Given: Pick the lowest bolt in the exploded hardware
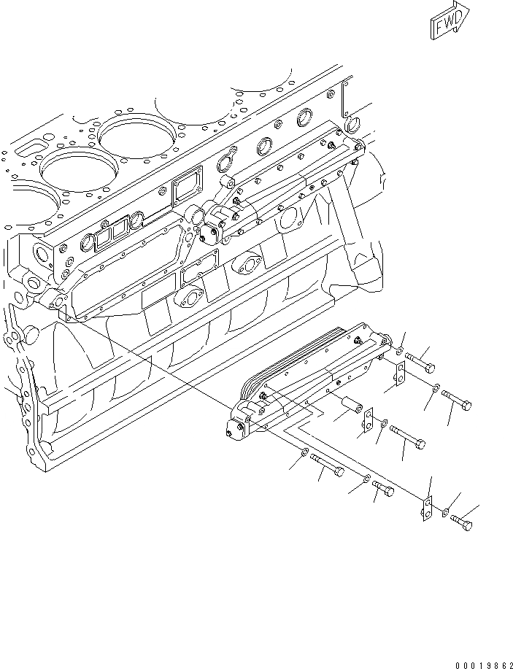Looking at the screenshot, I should [x=460, y=522].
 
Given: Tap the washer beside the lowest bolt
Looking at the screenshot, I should [x=444, y=514].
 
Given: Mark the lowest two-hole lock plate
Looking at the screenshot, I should [x=427, y=508].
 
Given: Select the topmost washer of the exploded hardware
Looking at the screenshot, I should [x=401, y=353].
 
